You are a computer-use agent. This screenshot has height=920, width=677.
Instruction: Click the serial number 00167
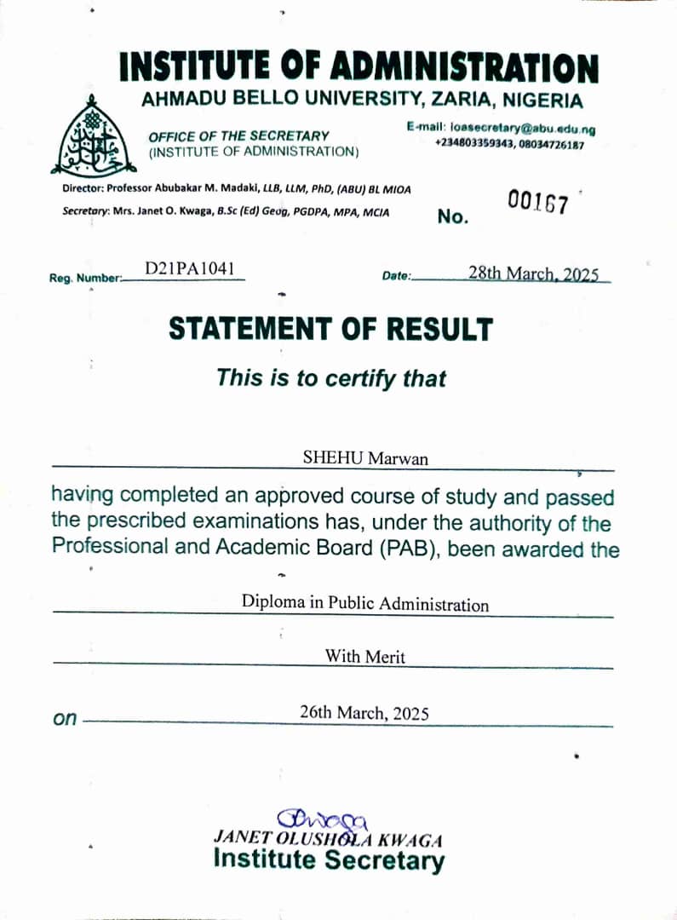coord(537,202)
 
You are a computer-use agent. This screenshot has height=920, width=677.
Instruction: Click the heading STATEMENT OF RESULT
coord(330,329)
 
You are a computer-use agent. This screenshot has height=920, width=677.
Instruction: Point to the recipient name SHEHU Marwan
coord(365,458)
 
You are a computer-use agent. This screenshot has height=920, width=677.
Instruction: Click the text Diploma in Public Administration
coord(365,604)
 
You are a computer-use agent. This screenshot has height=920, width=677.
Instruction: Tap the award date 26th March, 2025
coord(364,713)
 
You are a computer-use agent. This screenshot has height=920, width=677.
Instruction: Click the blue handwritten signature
coord(328,819)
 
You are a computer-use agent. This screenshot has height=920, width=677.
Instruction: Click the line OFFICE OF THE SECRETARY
coord(238,135)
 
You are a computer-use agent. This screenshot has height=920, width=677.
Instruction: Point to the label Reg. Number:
coord(86,278)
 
